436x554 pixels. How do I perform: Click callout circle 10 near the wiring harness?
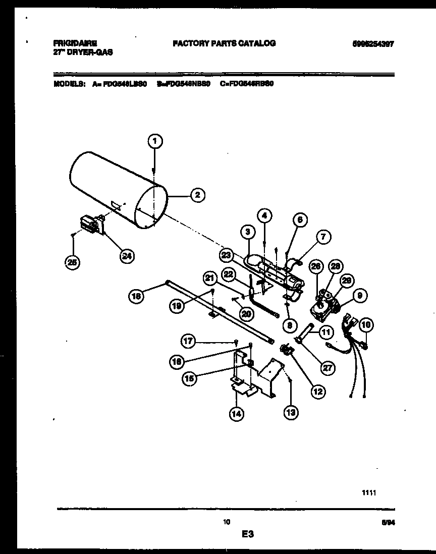[x=366, y=325]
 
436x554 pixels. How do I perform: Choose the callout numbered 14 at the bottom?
[x=236, y=414]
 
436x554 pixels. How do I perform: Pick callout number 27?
[x=328, y=368]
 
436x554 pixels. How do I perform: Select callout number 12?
[x=318, y=391]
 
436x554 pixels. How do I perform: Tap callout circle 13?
[x=291, y=412]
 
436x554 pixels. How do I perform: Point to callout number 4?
[x=264, y=215]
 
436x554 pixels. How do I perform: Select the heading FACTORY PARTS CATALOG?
[x=224, y=43]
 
